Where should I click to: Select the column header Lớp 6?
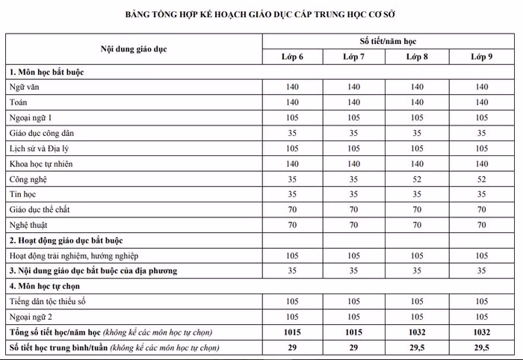click(292, 57)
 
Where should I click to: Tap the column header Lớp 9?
click(480, 57)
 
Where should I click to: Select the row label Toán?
click(18, 102)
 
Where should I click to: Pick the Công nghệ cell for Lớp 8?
click(418, 179)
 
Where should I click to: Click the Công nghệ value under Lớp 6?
click(292, 179)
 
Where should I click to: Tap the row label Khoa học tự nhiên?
click(40, 164)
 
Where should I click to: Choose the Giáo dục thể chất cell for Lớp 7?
click(355, 210)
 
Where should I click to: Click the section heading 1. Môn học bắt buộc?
click(46, 72)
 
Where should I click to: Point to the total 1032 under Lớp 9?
click(480, 332)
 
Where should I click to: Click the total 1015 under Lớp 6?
click(292, 332)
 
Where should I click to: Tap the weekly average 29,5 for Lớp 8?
click(418, 348)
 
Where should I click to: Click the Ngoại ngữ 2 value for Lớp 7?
click(355, 317)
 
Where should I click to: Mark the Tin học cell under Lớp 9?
click(480, 194)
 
